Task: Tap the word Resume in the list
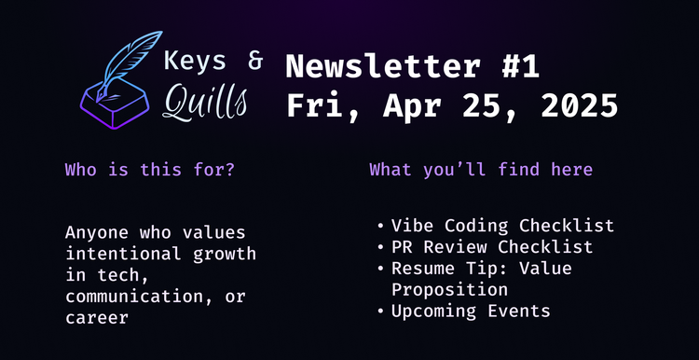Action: [421, 269]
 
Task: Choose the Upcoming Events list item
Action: [471, 311]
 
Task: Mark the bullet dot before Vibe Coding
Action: [380, 227]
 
